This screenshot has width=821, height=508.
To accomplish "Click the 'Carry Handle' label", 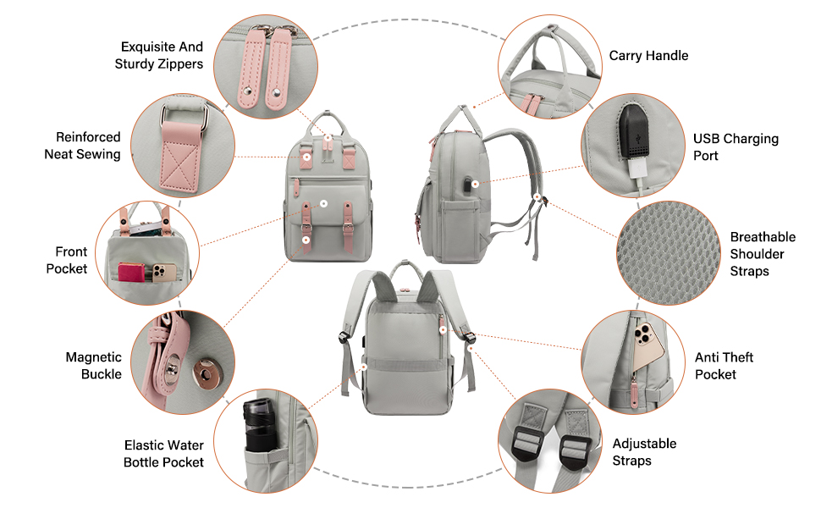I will [x=648, y=56].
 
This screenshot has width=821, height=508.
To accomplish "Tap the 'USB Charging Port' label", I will [x=736, y=147].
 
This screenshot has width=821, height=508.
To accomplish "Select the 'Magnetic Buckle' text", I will [x=93, y=366].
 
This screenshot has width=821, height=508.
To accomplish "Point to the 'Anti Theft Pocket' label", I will [x=724, y=366].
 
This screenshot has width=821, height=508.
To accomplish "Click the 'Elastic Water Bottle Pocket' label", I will [x=163, y=454].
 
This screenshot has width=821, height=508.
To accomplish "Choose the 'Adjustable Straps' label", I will [x=644, y=452].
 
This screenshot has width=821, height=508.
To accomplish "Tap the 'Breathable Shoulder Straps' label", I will [x=763, y=254].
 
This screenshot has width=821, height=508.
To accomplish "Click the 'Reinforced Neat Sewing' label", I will [x=82, y=146].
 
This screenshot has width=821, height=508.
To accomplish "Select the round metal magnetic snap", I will [x=204, y=369].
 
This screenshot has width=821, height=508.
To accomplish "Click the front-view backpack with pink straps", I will [x=326, y=195].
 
